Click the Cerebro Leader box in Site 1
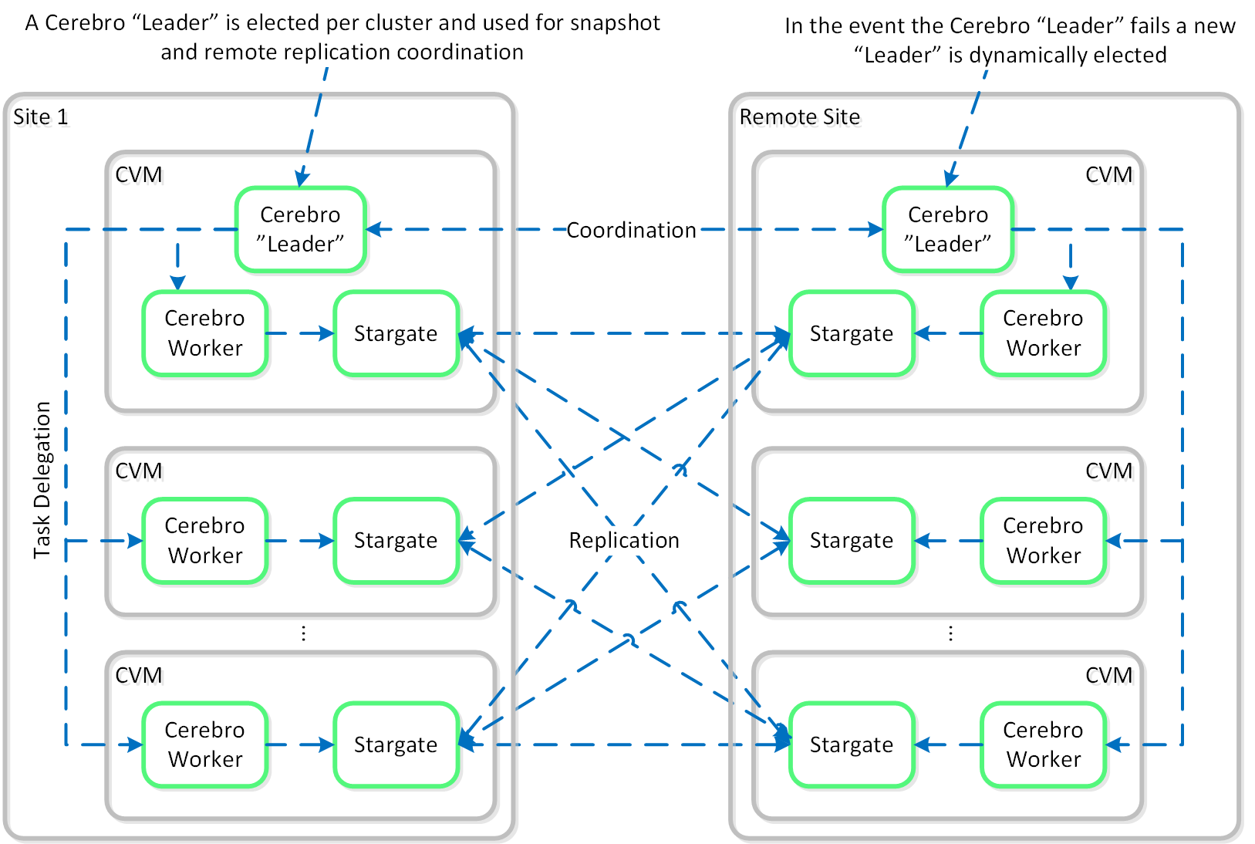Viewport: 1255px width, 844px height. pyautogui.click(x=300, y=229)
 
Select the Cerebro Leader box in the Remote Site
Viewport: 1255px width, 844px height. pyautogui.click(x=947, y=229)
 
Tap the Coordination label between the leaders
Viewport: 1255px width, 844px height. pyautogui.click(x=631, y=230)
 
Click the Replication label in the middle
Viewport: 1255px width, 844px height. pyautogui.click(x=624, y=540)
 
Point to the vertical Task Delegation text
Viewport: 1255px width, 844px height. pyautogui.click(x=42, y=479)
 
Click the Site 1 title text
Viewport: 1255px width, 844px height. pyautogui.click(x=41, y=117)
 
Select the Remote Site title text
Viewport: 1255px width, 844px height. pyautogui.click(x=799, y=117)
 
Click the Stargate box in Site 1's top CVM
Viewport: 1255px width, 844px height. pyautogui.click(x=396, y=333)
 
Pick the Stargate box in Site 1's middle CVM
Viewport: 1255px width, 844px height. pyautogui.click(x=396, y=540)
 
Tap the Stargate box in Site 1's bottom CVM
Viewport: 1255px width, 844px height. pyautogui.click(x=396, y=744)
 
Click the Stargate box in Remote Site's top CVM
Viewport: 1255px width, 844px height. pyautogui.click(x=851, y=333)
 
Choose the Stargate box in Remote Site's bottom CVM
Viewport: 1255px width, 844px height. pyautogui.click(x=851, y=744)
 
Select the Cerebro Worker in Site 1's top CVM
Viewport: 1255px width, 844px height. pyautogui.click(x=205, y=333)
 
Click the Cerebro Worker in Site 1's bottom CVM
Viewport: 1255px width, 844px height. pyautogui.click(x=205, y=744)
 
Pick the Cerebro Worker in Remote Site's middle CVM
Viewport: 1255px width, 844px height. pyautogui.click(x=1043, y=540)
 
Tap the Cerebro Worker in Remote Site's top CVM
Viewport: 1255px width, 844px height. pyautogui.click(x=1043, y=333)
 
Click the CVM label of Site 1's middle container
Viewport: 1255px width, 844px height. pyautogui.click(x=139, y=471)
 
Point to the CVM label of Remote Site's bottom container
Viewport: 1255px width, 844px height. pyautogui.click(x=1108, y=676)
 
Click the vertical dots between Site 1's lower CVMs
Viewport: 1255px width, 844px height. pyautogui.click(x=304, y=633)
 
